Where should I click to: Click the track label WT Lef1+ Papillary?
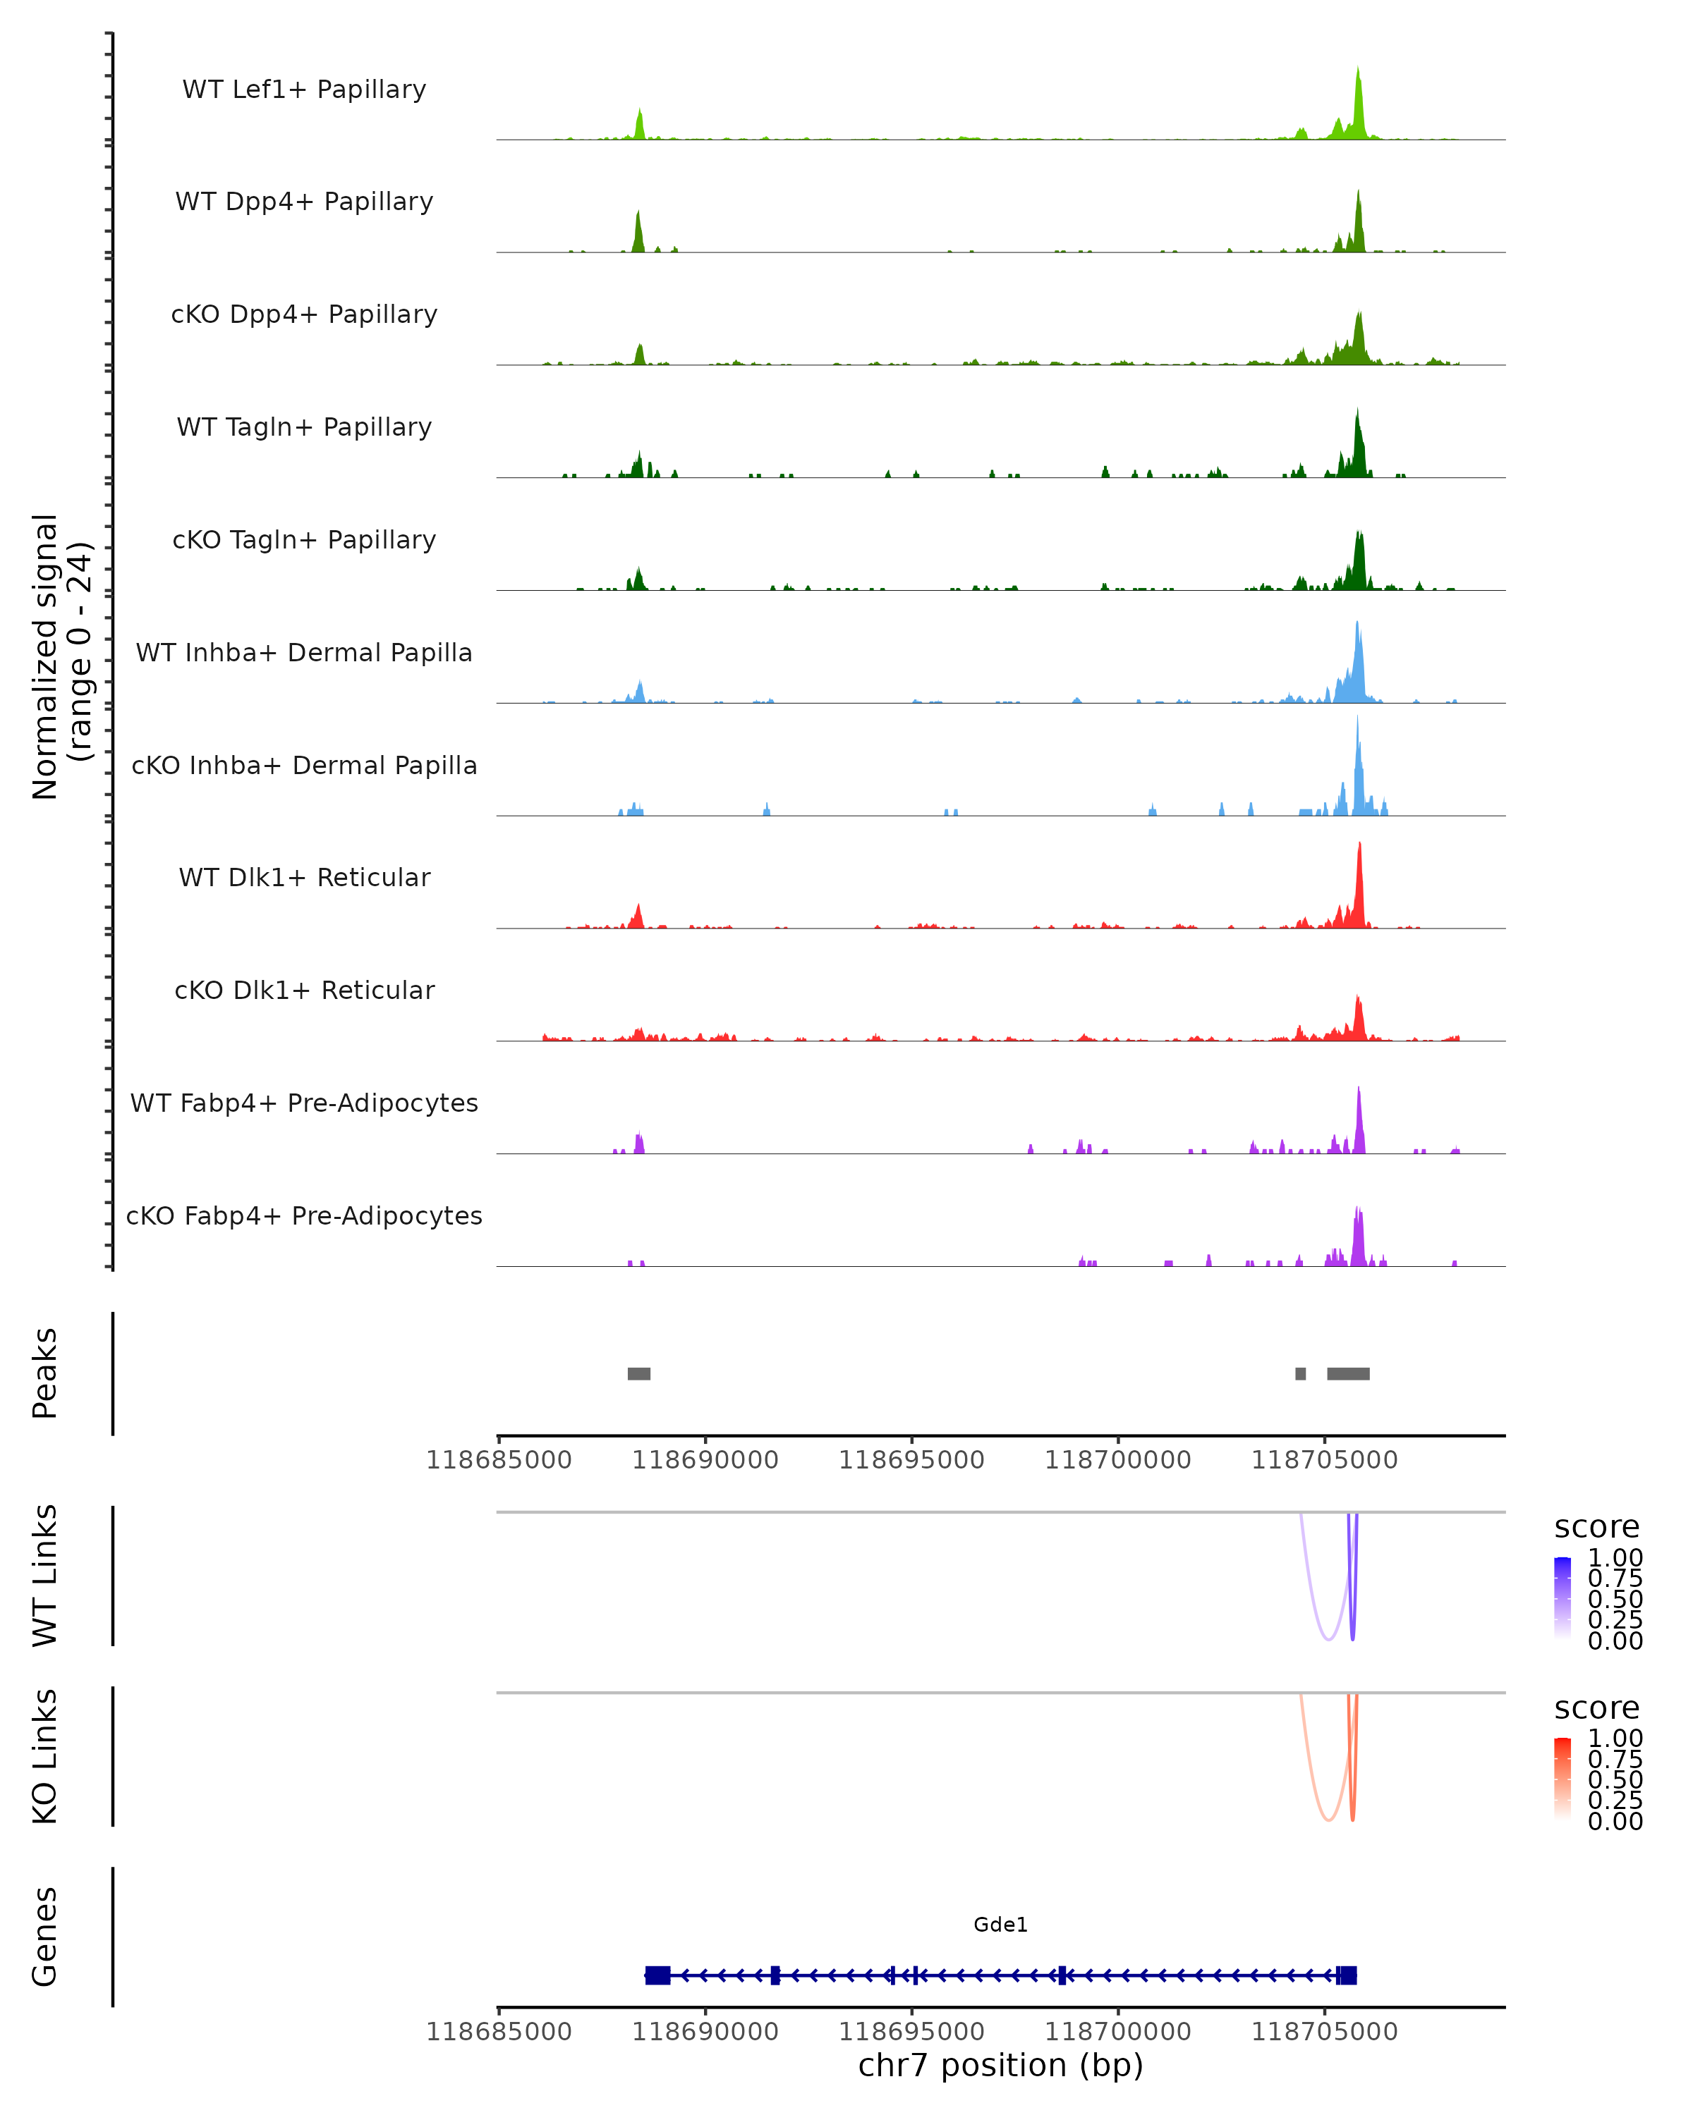pyautogui.click(x=304, y=90)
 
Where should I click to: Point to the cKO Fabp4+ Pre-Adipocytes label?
pyautogui.click(x=304, y=1215)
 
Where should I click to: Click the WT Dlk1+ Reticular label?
pyautogui.click(x=304, y=877)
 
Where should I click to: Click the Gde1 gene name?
pyautogui.click(x=1000, y=1925)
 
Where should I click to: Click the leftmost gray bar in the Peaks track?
pyautogui.click(x=639, y=1373)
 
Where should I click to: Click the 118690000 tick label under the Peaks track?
pyautogui.click(x=705, y=1460)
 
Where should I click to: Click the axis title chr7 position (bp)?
pyautogui.click(x=1000, y=2065)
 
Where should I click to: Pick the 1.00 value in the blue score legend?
pyautogui.click(x=1615, y=1558)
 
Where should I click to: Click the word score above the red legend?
pyautogui.click(x=1597, y=1708)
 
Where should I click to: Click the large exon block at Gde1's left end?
pyautogui.click(x=657, y=1975)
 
